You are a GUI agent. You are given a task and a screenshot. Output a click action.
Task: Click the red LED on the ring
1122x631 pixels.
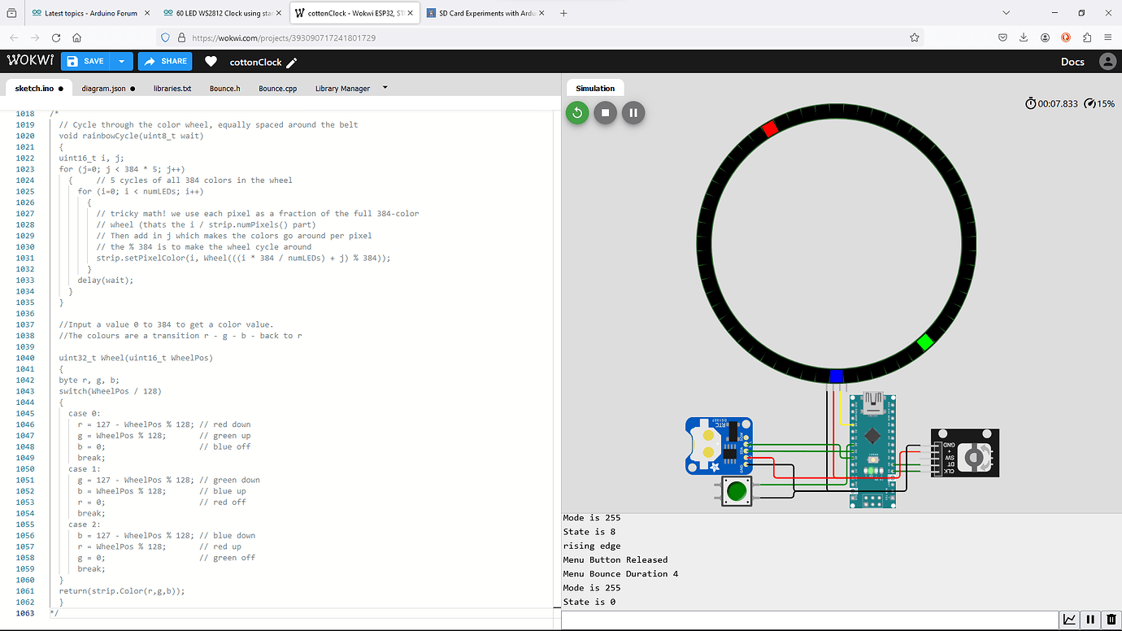(x=770, y=128)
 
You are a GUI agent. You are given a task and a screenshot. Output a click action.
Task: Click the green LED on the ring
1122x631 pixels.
(x=924, y=342)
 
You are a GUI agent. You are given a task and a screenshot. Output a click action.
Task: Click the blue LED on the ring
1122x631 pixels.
(x=837, y=376)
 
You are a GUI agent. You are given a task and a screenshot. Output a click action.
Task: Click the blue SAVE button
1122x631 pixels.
(x=85, y=61)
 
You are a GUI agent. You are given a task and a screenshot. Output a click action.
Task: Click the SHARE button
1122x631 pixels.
(x=165, y=61)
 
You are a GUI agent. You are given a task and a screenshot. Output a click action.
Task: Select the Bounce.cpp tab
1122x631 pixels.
(x=277, y=89)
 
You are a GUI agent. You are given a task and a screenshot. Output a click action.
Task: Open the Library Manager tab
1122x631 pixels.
(x=342, y=89)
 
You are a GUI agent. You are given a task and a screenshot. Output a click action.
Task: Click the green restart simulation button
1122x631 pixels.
(x=577, y=113)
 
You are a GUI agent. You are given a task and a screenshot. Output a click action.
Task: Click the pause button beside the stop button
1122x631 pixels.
(x=633, y=113)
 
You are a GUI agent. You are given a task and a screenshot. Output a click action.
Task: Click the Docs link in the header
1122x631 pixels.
(x=1072, y=62)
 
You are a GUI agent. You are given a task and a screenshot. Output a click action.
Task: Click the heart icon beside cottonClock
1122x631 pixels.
(x=211, y=62)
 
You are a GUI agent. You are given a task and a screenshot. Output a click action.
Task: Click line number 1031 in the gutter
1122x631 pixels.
(x=25, y=258)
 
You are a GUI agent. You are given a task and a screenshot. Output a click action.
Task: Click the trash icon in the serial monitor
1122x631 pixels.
(x=1111, y=620)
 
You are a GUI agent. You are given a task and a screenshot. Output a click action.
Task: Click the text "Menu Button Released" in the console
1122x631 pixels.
(x=615, y=559)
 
